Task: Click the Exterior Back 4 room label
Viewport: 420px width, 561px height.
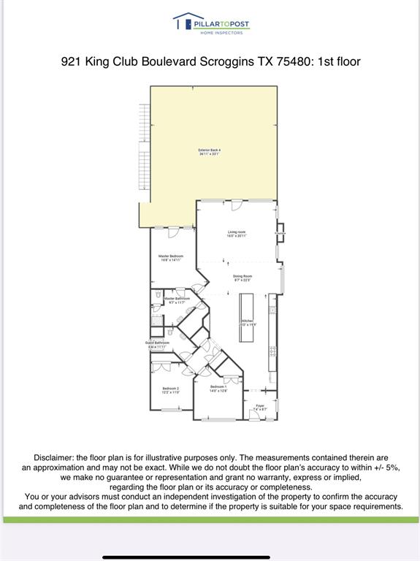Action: pos(210,152)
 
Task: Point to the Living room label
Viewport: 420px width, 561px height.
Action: pos(237,234)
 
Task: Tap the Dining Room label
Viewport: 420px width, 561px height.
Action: pos(242,278)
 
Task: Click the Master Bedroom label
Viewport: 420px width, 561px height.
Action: pos(171,258)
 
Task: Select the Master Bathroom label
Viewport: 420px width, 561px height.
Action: pos(177,299)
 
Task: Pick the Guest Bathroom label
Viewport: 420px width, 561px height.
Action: pos(157,344)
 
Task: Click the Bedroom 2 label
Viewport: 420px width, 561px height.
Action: pos(171,390)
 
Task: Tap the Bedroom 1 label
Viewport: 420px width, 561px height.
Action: pos(218,388)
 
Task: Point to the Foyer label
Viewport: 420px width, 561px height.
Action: pos(259,407)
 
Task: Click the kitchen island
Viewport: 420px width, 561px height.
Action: pos(247,318)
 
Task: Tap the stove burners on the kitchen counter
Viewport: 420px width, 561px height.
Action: pos(272,351)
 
